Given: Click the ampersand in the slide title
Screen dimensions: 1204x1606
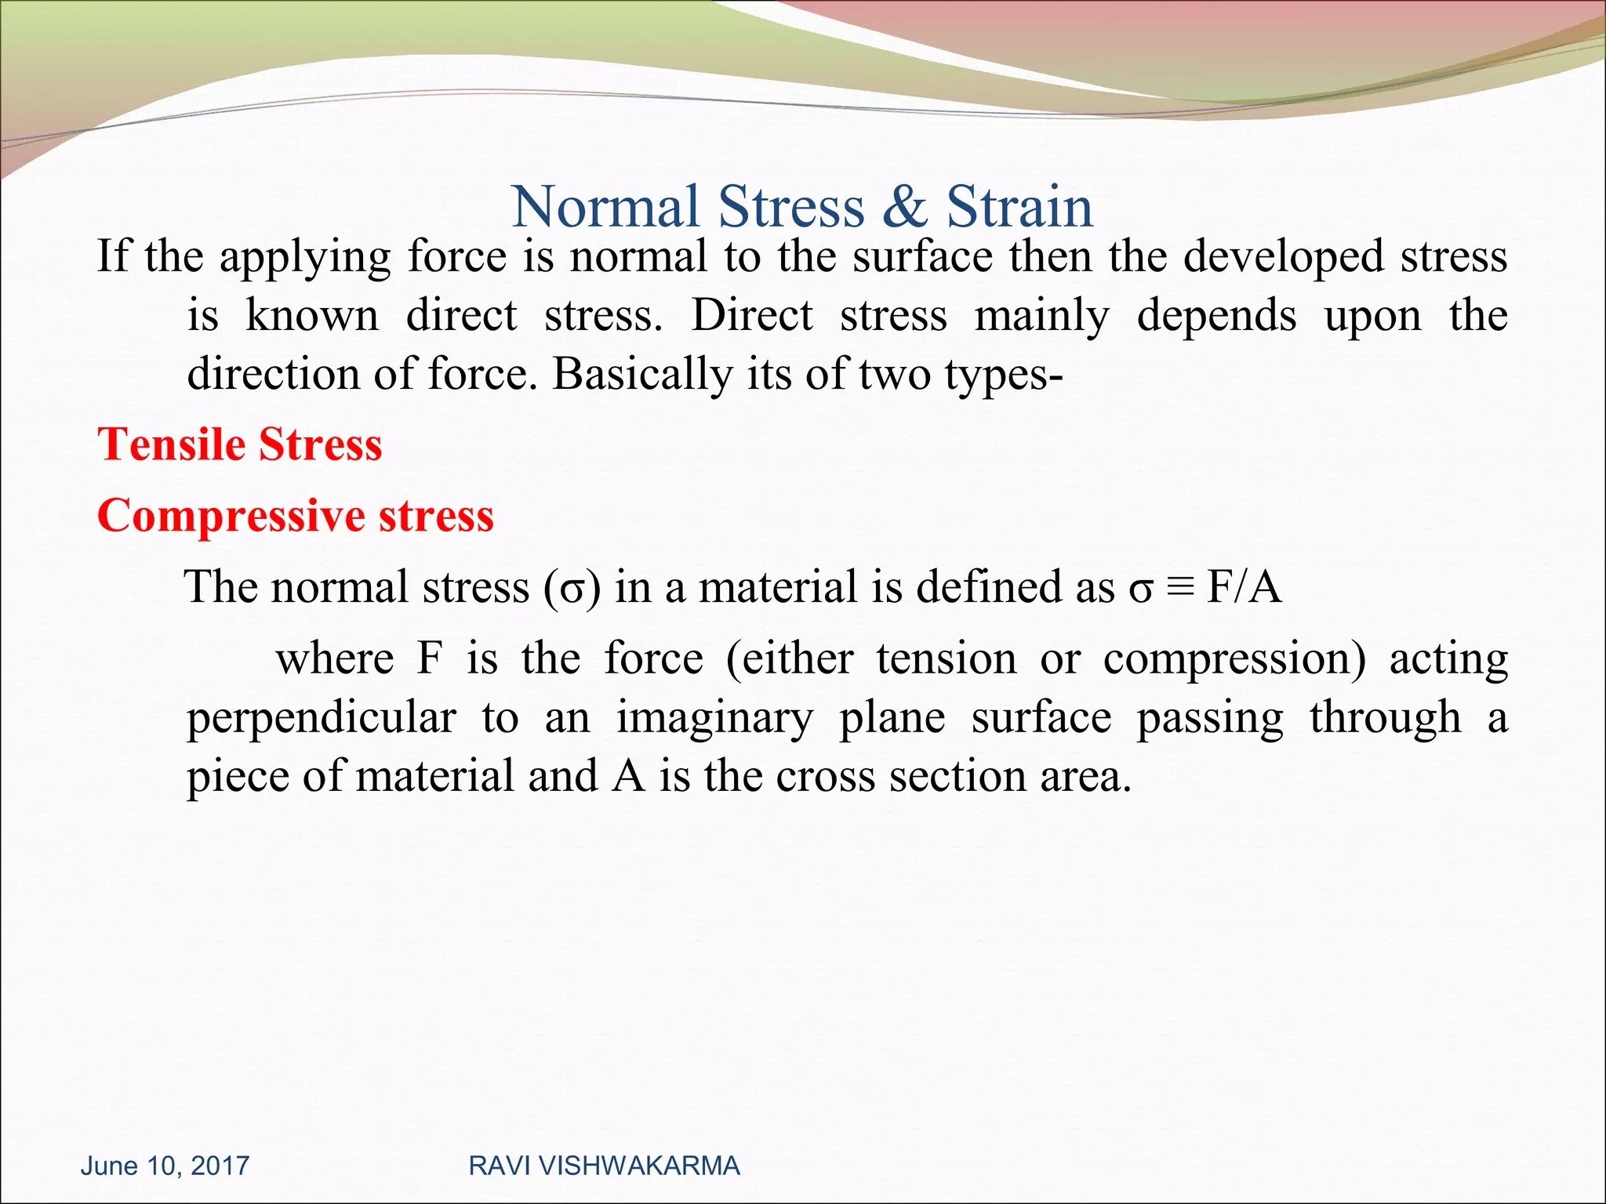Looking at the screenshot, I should click(904, 207).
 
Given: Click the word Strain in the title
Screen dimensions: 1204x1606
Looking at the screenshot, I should click(1019, 207).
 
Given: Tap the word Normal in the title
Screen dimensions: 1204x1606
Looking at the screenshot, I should click(605, 207).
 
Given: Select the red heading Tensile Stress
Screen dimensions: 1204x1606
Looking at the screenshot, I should click(240, 444).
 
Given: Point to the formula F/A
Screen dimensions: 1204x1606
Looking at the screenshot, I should click(1244, 587).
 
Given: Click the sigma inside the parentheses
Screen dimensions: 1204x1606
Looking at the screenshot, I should click(572, 589).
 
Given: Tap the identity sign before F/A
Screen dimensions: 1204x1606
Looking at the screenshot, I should click(1179, 588).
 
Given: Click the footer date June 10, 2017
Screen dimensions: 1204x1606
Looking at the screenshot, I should click(165, 1166).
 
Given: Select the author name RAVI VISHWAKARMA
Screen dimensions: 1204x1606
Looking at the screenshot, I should click(604, 1166).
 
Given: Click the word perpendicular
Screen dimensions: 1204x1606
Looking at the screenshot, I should click(322, 719).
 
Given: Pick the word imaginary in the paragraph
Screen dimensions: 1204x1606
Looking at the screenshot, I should click(714, 719).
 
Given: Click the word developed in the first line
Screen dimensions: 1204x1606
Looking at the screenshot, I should click(1283, 257).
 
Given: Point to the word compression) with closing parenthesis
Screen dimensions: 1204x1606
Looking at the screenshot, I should click(1234, 659).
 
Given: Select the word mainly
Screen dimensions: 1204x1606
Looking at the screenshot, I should click(1041, 317).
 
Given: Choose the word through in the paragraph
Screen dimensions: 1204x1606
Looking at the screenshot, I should click(1386, 719).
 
